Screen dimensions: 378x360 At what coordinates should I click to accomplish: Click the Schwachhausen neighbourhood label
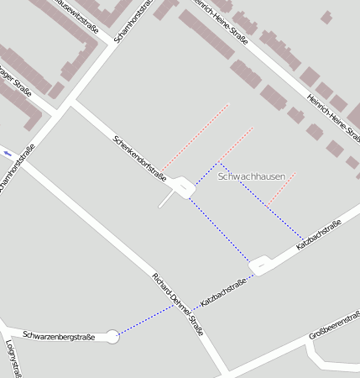click(x=252, y=177)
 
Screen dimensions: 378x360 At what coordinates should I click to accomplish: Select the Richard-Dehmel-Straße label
click(x=178, y=304)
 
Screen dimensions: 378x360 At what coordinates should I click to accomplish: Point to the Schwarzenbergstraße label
click(x=59, y=337)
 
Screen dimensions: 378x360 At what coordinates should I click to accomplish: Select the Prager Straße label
click(x=15, y=81)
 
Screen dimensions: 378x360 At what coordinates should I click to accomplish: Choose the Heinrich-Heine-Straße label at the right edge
click(x=334, y=117)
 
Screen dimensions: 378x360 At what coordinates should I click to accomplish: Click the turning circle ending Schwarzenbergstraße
click(x=112, y=337)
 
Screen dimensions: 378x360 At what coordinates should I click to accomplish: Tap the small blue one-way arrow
click(x=8, y=153)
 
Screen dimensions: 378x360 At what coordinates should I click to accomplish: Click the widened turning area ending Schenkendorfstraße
click(x=184, y=186)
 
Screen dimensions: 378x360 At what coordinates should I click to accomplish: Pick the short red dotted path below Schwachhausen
click(x=281, y=189)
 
